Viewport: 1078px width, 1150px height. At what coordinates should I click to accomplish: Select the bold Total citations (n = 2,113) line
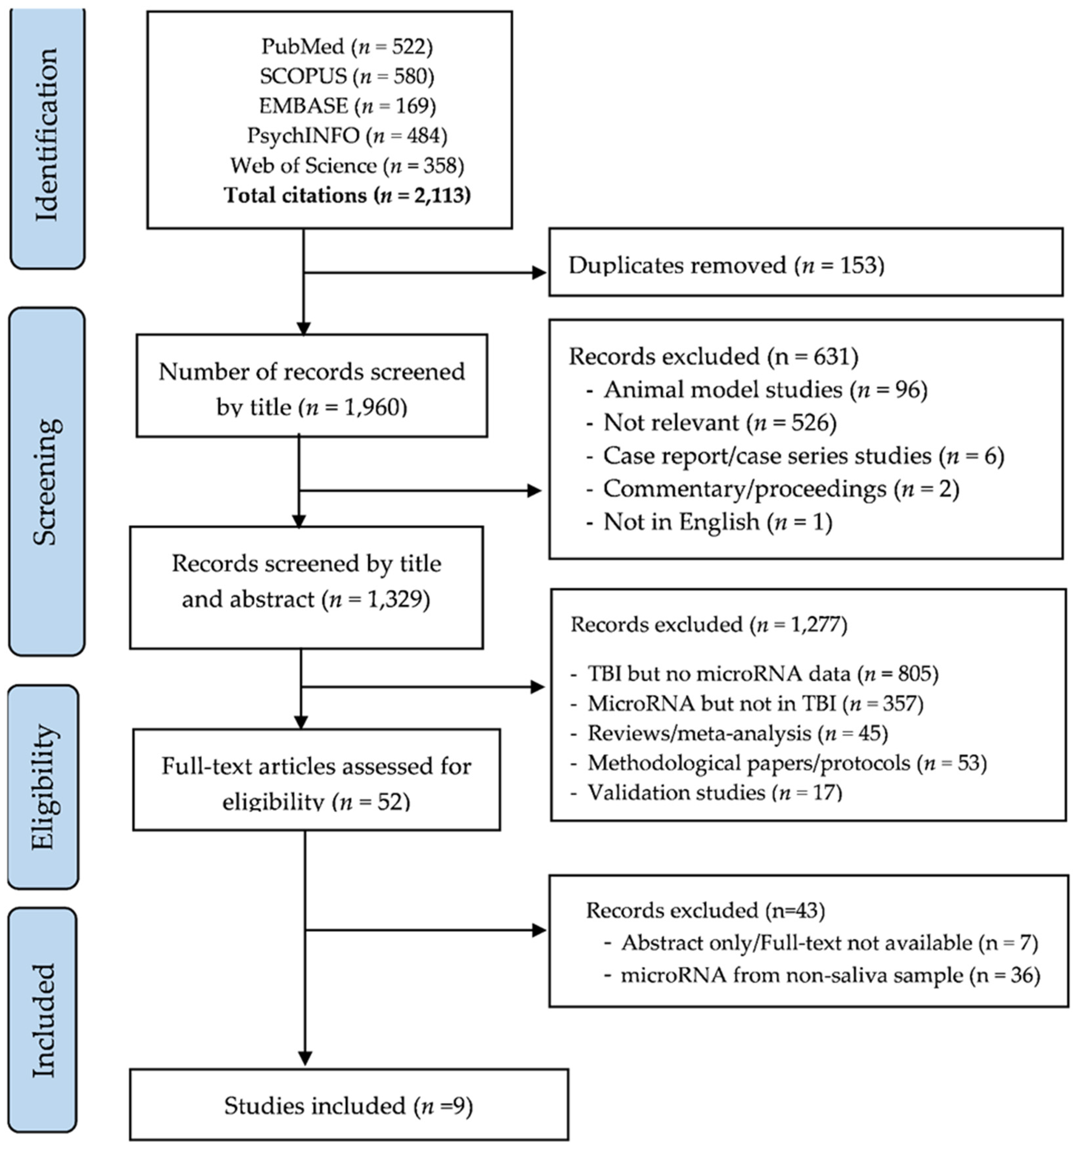(x=347, y=195)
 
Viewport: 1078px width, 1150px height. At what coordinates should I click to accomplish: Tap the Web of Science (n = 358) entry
(x=347, y=166)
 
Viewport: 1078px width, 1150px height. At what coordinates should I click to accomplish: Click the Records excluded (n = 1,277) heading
(x=708, y=625)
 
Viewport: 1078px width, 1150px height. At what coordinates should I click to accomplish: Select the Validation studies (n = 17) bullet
(x=714, y=792)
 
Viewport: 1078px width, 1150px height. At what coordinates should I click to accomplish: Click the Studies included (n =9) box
(x=349, y=1106)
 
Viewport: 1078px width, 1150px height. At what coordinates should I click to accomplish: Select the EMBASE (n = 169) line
(x=347, y=106)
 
